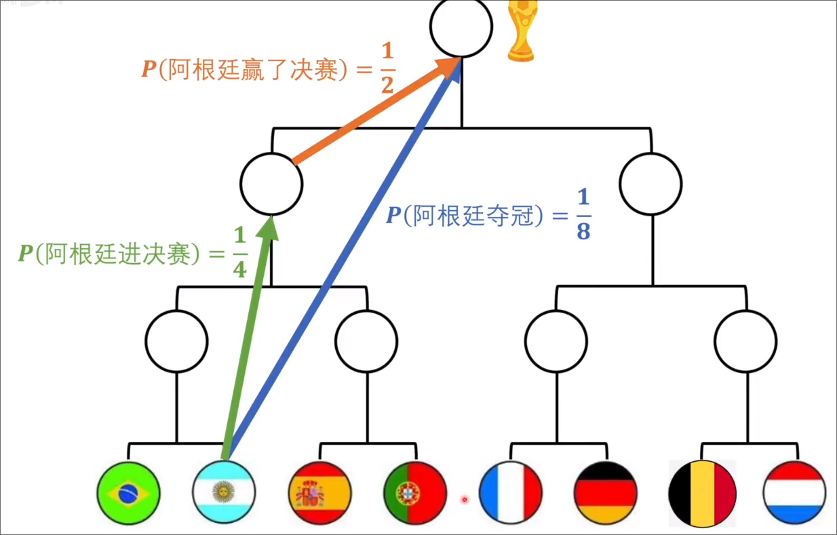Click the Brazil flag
pos(128,492)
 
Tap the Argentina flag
pos(224,492)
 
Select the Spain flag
pos(319,492)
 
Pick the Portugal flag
pos(415,492)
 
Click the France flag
pos(510,492)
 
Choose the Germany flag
pos(606,492)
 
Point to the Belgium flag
pos(702,492)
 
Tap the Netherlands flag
pos(794,492)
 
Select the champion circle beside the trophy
pos(461,28)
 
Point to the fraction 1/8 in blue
pos(583,214)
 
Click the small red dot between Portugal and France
pos(465,500)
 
